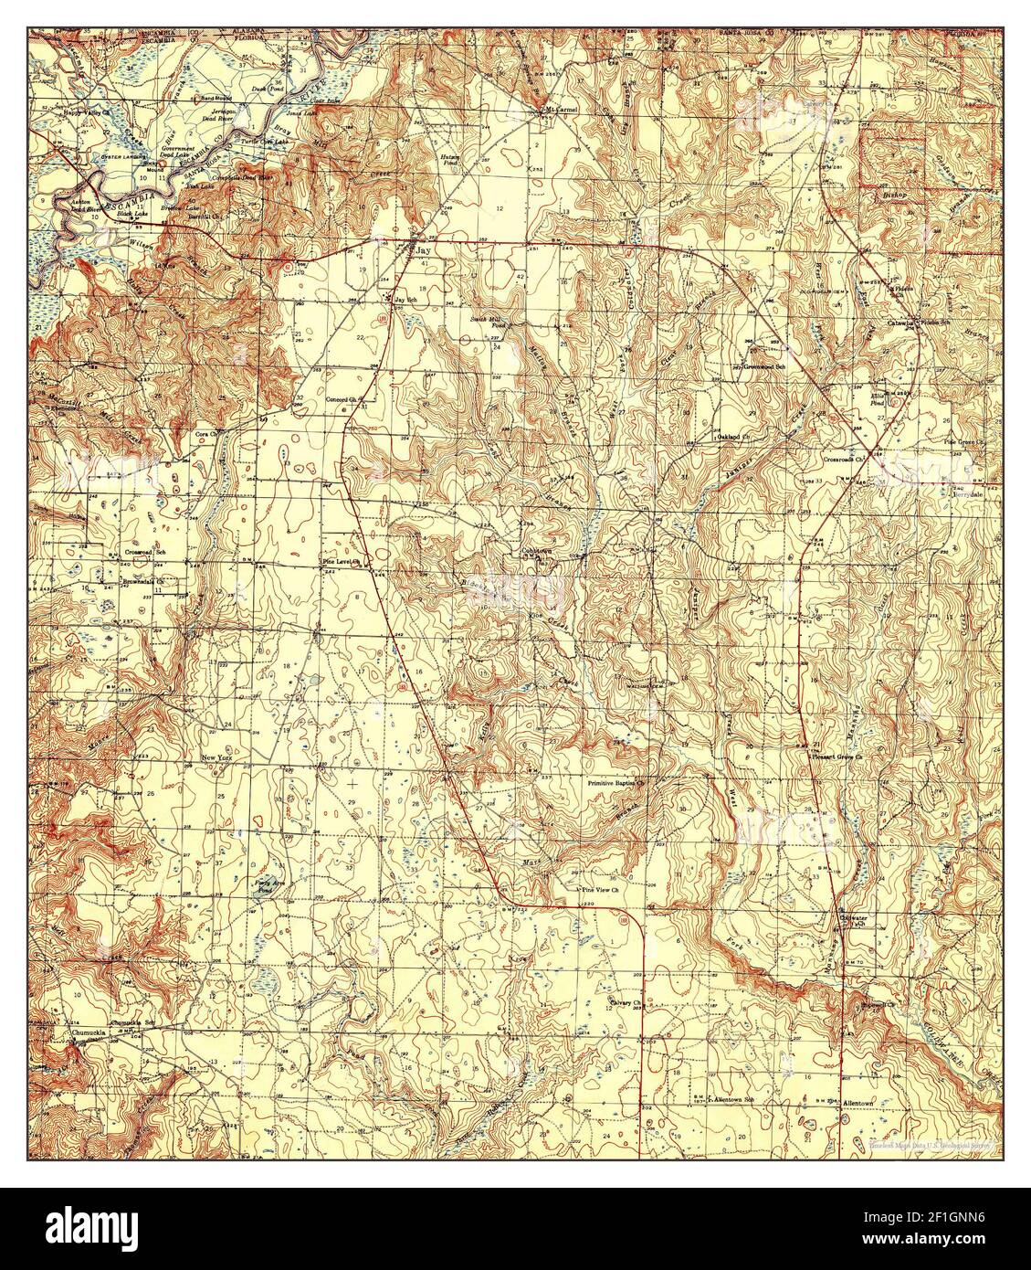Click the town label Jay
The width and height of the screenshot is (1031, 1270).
point(422,249)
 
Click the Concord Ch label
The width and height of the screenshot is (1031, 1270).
point(346,399)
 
